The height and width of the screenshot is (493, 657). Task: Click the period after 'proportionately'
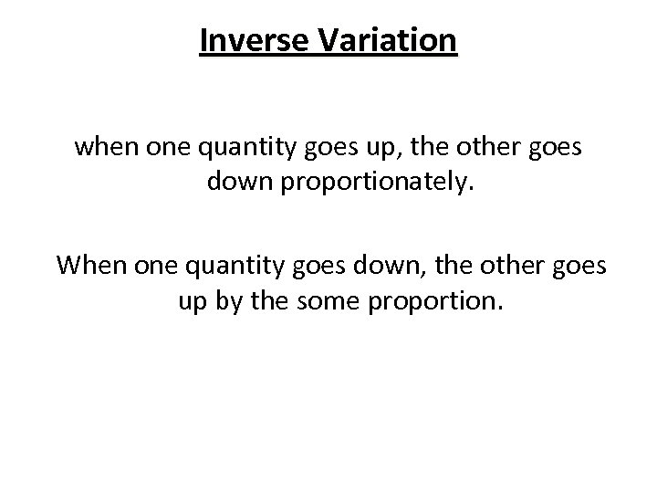click(x=447, y=187)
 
